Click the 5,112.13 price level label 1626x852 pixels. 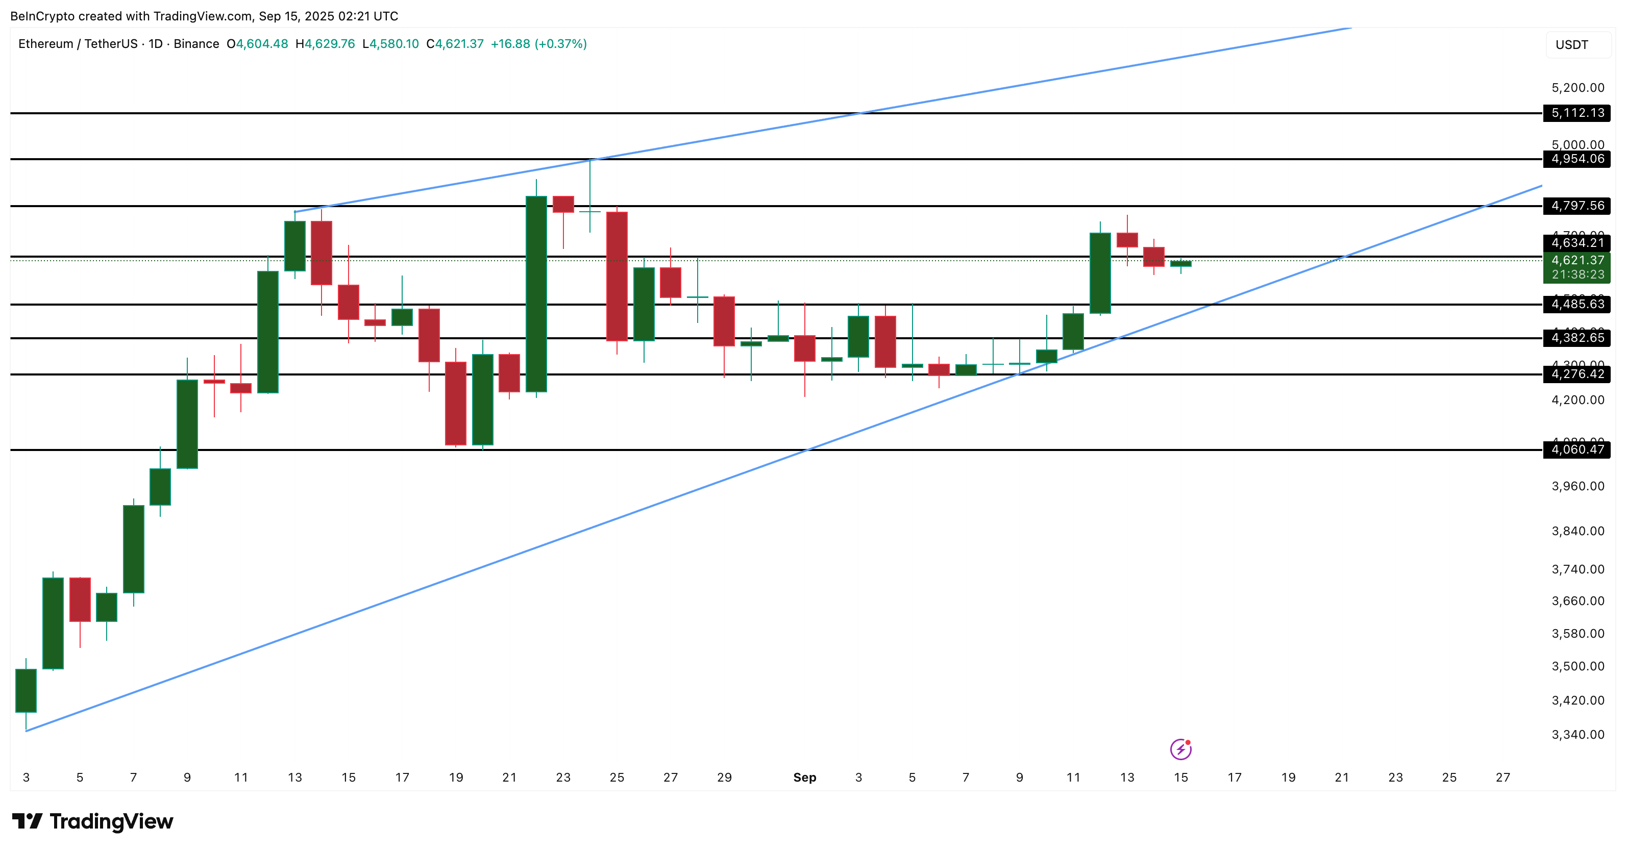pyautogui.click(x=1577, y=113)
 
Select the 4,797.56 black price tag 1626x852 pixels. pyautogui.click(x=1577, y=206)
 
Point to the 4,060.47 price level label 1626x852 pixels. pyautogui.click(x=1577, y=449)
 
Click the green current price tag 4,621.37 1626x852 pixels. pyautogui.click(x=1577, y=261)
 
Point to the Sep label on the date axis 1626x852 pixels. pyautogui.click(x=804, y=778)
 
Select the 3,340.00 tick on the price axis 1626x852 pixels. pyautogui.click(x=1578, y=735)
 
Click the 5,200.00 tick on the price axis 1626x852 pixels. pyautogui.click(x=1578, y=88)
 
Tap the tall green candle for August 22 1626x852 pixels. pyautogui.click(x=536, y=293)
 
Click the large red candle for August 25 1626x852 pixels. pyautogui.click(x=617, y=277)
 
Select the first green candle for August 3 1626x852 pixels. pyautogui.click(x=26, y=690)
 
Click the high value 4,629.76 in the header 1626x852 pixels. pyautogui.click(x=330, y=43)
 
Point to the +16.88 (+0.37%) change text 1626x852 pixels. pyautogui.click(x=538, y=43)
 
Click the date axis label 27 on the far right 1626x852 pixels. pyautogui.click(x=1502, y=778)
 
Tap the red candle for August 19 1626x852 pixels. pyautogui.click(x=456, y=403)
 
